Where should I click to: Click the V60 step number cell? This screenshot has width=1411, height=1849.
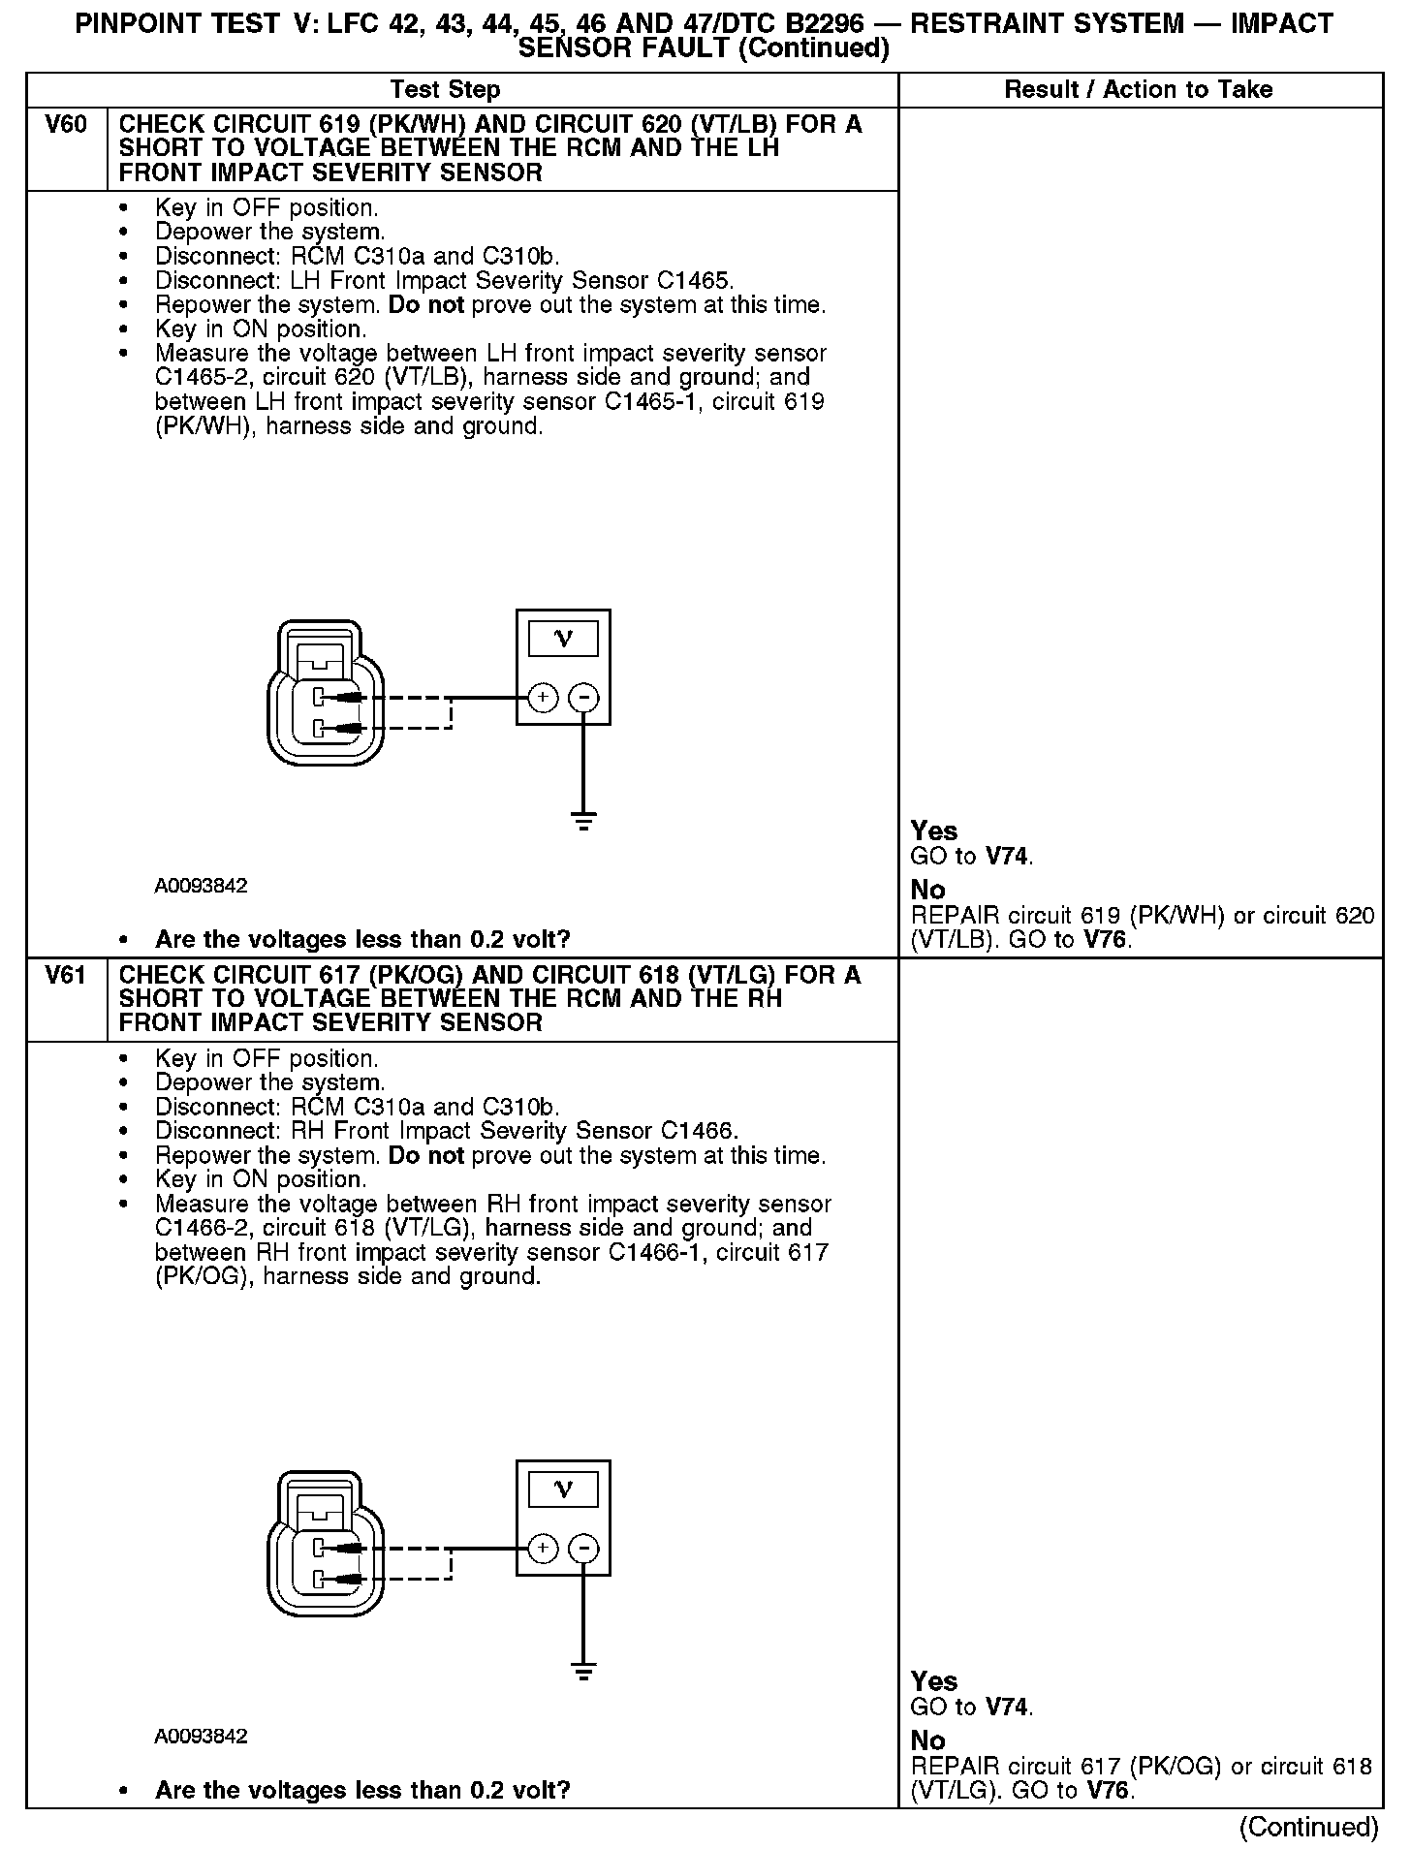[x=66, y=125]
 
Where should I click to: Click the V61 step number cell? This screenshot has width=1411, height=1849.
[x=66, y=976]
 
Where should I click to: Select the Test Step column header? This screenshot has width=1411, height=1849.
[x=445, y=90]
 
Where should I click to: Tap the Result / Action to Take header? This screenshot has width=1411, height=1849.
[x=1139, y=90]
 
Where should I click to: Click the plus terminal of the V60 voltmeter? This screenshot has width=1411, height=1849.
[x=543, y=697]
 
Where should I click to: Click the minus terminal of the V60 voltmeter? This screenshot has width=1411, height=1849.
[x=583, y=697]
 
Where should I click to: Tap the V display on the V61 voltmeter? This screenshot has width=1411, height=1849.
[x=563, y=1489]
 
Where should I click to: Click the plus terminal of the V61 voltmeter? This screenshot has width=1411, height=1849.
[x=543, y=1548]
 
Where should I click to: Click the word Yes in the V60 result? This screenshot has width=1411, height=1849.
[x=934, y=831]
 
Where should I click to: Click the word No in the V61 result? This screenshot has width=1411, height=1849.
[x=928, y=1740]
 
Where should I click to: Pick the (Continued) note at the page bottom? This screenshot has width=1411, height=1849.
[x=1308, y=1827]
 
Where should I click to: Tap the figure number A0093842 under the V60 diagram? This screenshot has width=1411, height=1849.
[x=201, y=886]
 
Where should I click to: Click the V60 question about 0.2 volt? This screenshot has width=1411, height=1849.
[x=362, y=939]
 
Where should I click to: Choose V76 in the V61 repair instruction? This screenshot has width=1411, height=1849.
[x=1108, y=1790]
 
